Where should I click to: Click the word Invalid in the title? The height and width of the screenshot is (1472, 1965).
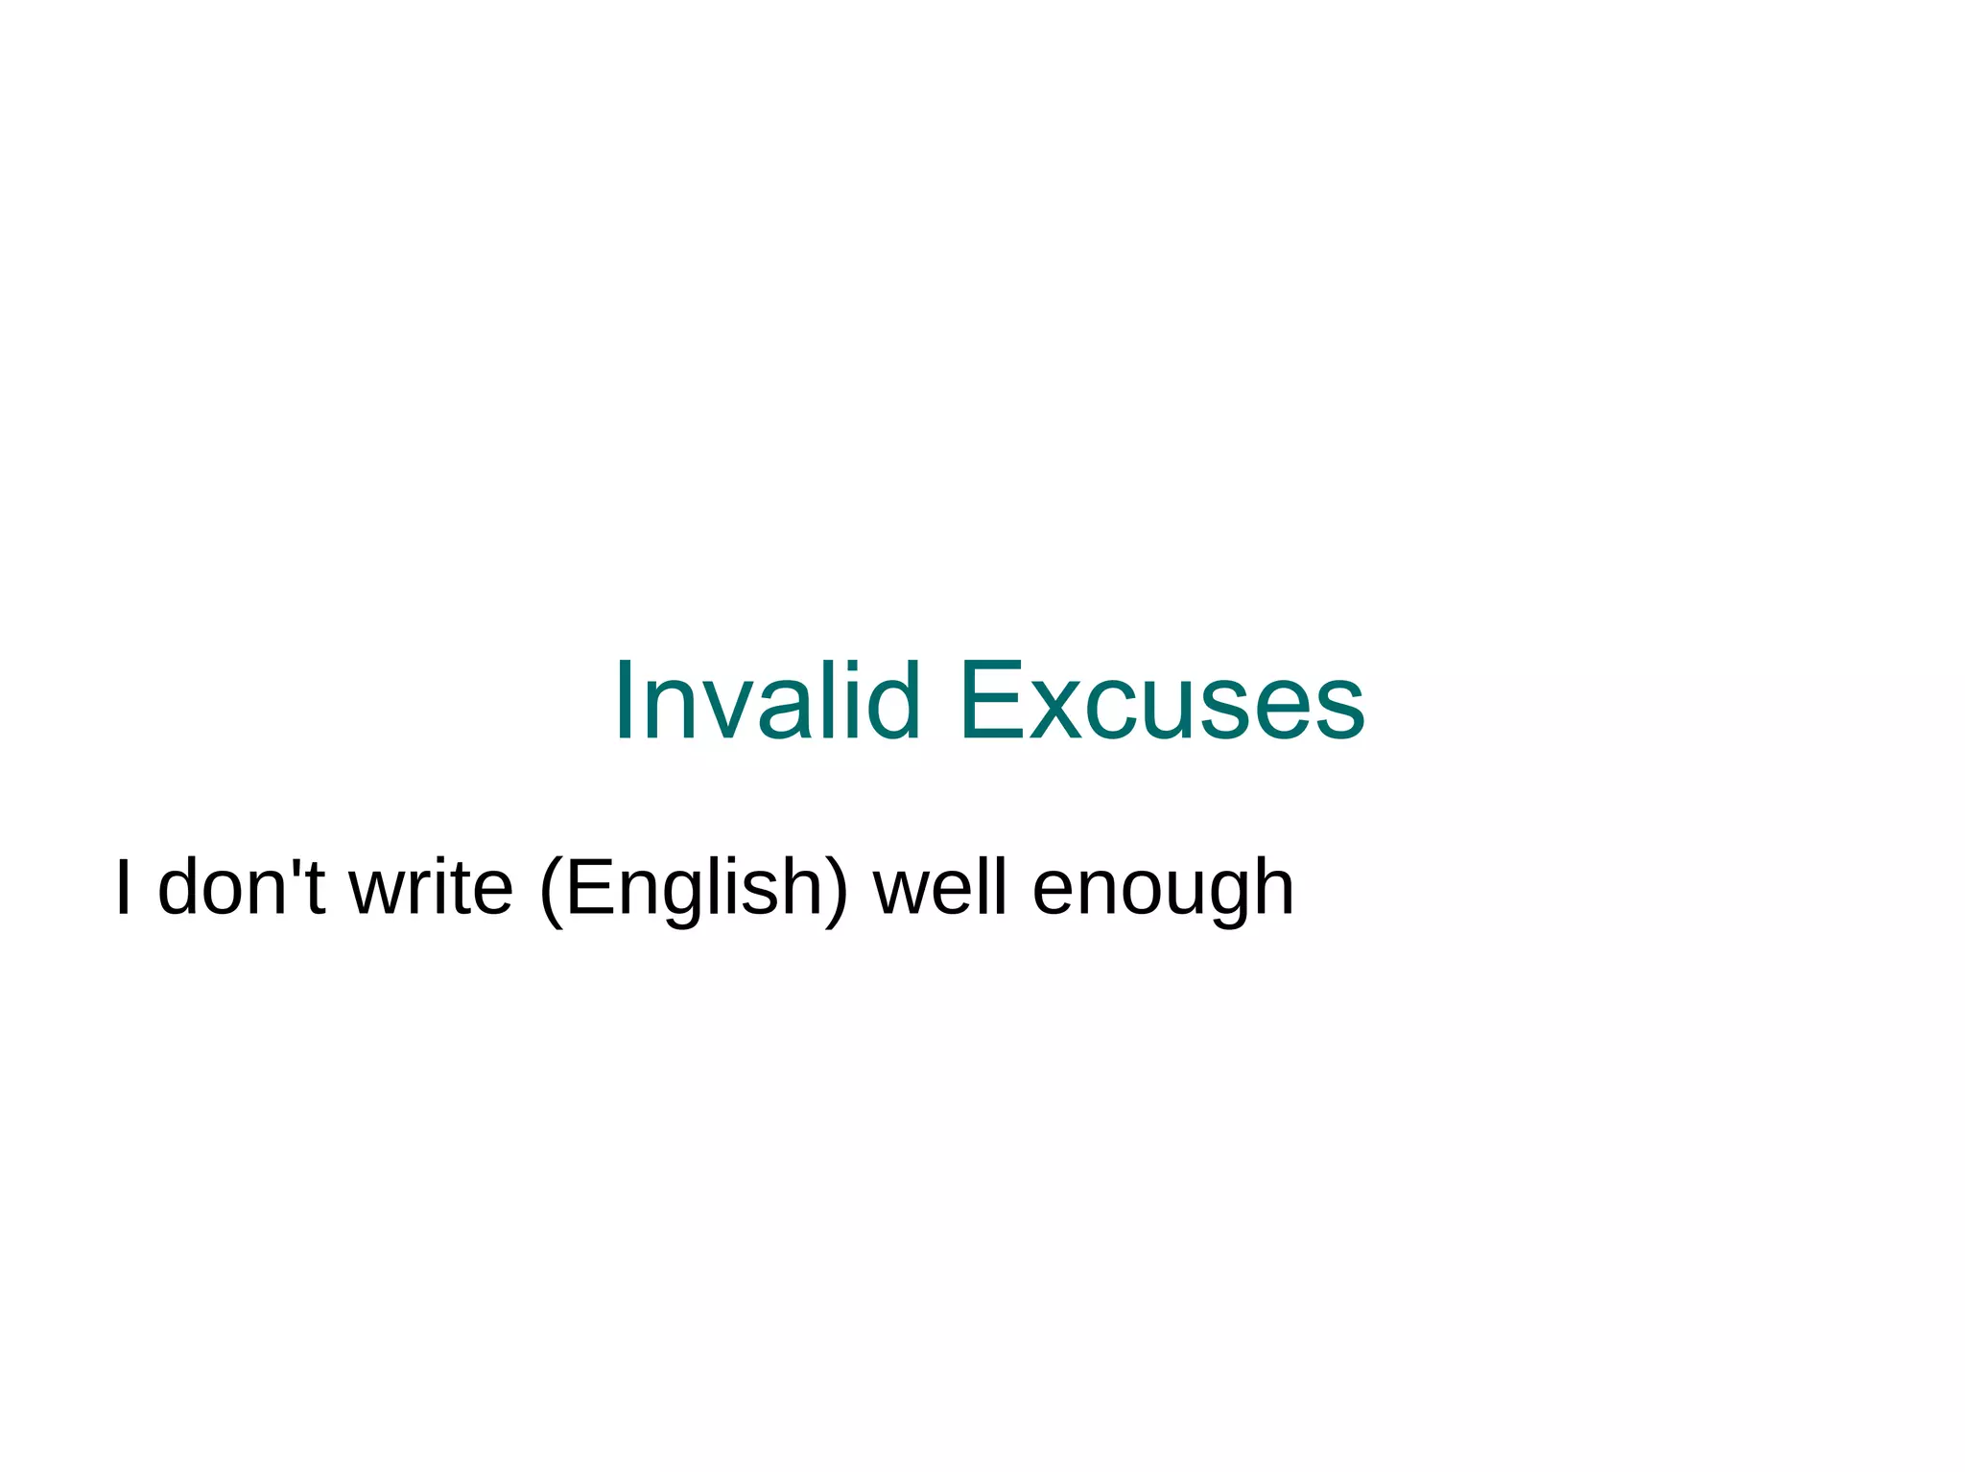tap(768, 701)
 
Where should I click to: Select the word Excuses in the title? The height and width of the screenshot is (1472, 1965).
tap(1162, 701)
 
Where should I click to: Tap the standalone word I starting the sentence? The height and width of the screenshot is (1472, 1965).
tap(122, 887)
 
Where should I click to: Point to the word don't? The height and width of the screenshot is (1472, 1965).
tap(241, 887)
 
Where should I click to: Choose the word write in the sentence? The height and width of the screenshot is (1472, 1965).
tap(431, 887)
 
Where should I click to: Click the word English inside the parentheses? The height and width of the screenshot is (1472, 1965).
tap(694, 887)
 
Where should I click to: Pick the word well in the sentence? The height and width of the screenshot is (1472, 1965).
tap(939, 887)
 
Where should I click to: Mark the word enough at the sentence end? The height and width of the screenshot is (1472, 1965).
tap(1163, 887)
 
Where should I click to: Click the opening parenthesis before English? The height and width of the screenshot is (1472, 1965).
tap(551, 889)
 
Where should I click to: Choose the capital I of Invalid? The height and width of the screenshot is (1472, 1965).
tap(624, 701)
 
